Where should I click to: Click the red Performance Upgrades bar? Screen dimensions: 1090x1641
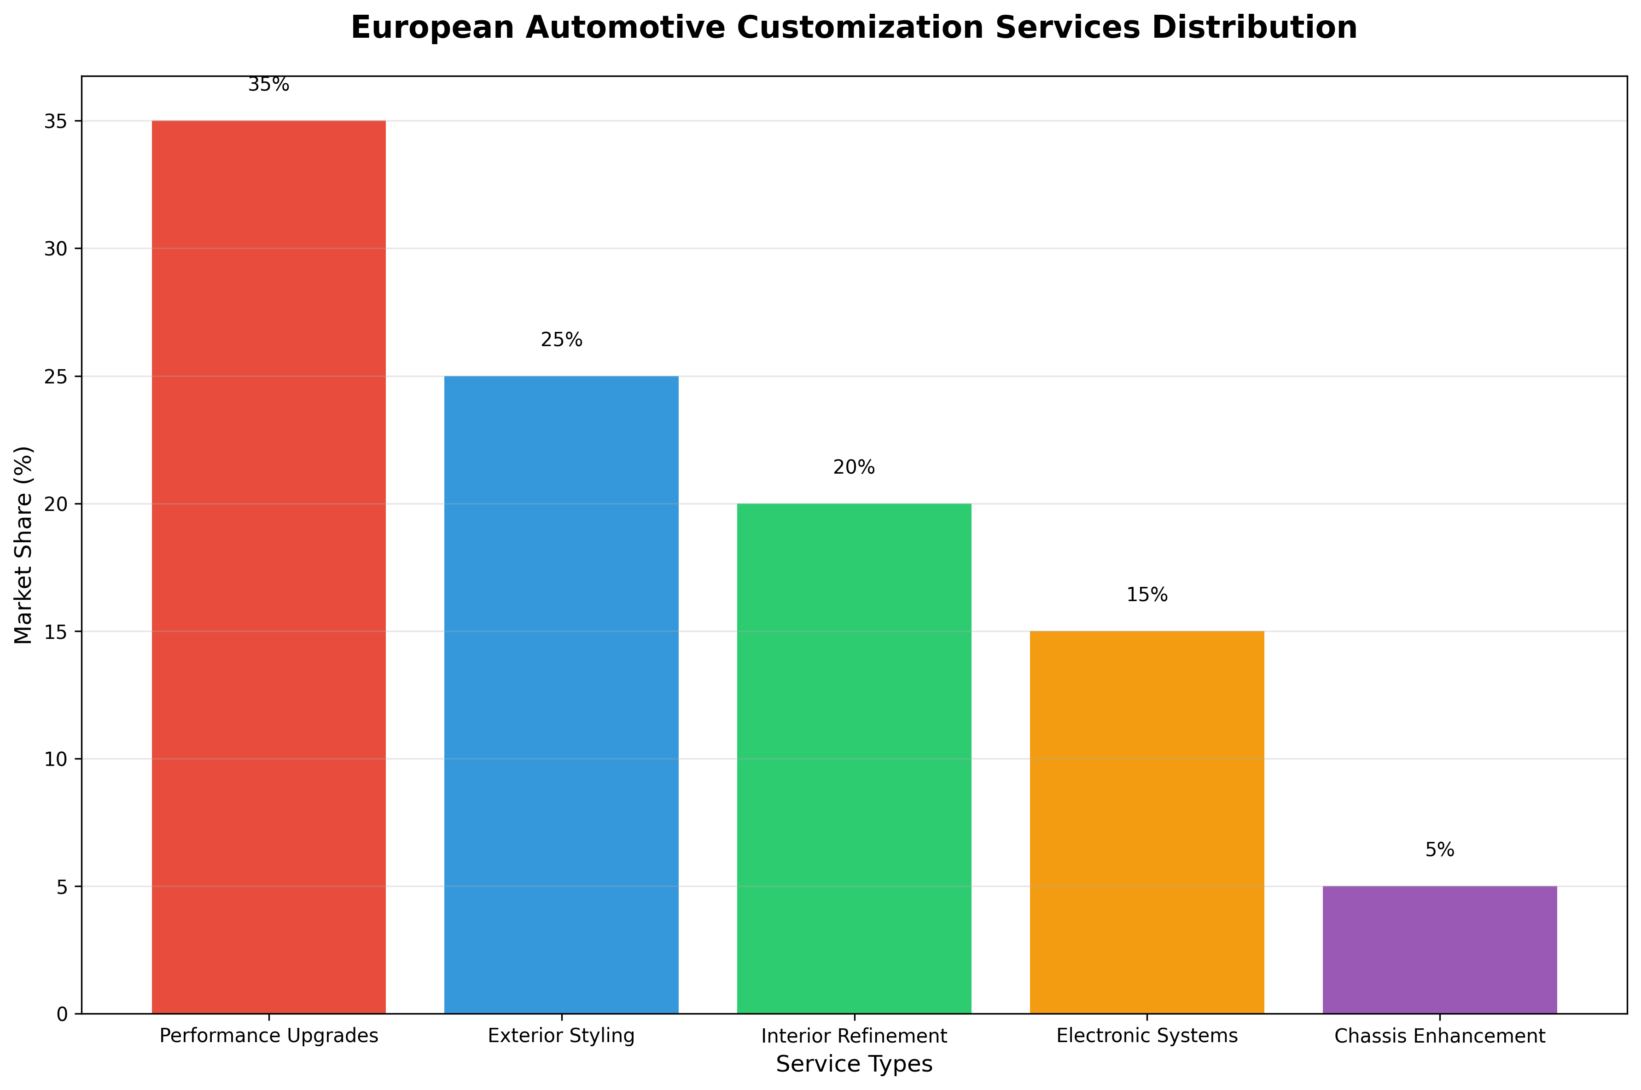click(x=268, y=567)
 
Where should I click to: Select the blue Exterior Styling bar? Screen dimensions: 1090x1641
click(x=561, y=695)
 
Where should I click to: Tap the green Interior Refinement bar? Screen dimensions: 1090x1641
click(x=854, y=758)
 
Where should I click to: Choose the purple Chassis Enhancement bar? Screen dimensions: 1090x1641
click(x=1439, y=950)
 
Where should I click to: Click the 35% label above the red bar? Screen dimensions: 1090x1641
click(x=268, y=85)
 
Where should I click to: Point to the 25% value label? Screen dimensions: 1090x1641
click(x=561, y=340)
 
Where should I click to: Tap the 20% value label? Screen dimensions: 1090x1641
click(x=854, y=468)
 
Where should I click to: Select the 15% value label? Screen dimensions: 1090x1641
click(x=1146, y=595)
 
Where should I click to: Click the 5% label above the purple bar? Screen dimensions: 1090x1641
click(x=1439, y=850)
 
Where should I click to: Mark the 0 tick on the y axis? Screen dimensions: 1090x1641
click(x=63, y=1014)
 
